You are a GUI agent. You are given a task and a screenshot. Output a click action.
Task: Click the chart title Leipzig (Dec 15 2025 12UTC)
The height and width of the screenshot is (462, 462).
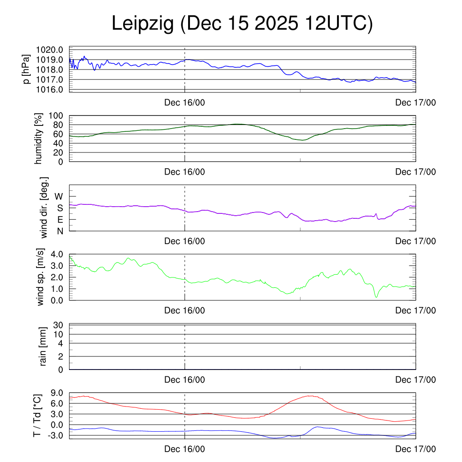pos(242,24)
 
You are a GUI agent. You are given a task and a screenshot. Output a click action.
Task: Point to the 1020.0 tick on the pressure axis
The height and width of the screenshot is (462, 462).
pos(53,50)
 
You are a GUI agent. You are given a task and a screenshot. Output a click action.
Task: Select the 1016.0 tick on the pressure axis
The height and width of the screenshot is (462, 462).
pos(53,89)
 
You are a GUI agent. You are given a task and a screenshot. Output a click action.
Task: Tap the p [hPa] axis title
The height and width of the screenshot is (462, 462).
pos(27,69)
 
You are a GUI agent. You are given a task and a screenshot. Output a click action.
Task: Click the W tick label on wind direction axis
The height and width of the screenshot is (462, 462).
pos(59,196)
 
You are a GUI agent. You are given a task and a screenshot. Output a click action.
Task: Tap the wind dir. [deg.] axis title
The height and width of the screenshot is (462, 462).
pos(44,208)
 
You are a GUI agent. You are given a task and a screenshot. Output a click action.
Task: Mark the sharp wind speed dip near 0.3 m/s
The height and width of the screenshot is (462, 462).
pos(376,296)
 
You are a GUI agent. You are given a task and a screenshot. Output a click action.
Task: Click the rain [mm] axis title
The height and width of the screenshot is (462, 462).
pos(44,346)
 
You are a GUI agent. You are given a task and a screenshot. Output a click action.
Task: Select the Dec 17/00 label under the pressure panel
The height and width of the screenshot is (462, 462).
pos(416,102)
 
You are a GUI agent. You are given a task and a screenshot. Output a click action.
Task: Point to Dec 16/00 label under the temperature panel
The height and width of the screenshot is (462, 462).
pos(185,449)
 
